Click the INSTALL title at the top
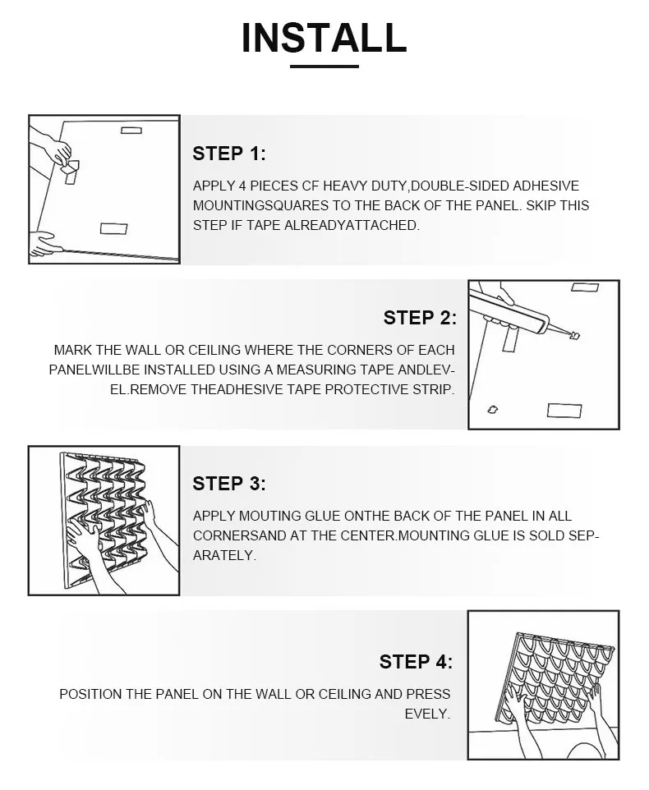point(324,38)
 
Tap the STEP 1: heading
point(229,154)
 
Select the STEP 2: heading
point(420,318)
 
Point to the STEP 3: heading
point(229,484)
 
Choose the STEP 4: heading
point(417,662)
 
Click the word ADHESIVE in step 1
point(545,186)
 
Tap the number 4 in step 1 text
point(242,186)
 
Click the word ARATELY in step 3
point(224,555)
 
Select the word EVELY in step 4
point(427,714)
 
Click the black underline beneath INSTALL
point(324,66)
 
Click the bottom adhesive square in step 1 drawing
point(114,229)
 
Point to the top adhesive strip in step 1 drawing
point(131,131)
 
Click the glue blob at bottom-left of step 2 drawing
point(493,410)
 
